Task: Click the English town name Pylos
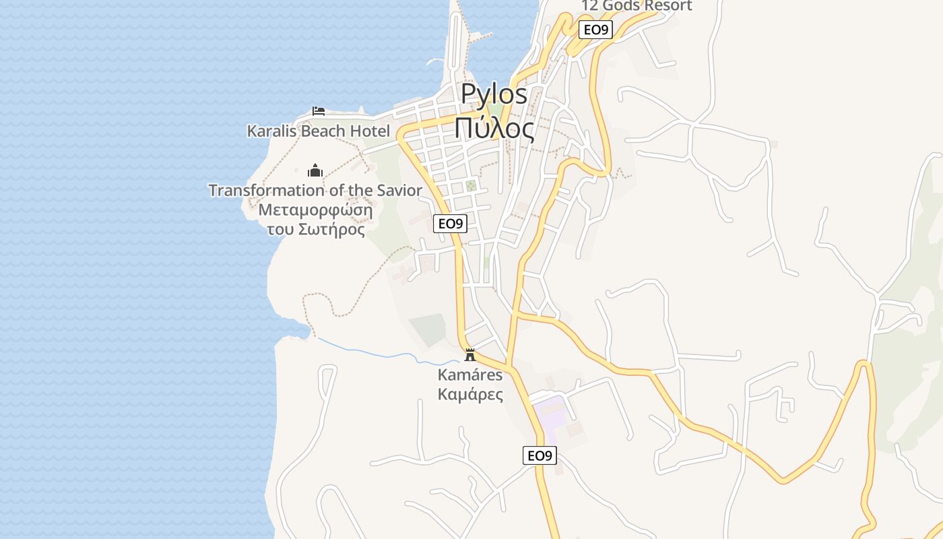pyautogui.click(x=494, y=95)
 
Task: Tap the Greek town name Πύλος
pyautogui.click(x=494, y=128)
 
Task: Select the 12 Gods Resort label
pyautogui.click(x=637, y=6)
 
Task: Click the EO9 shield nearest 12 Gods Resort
pyautogui.click(x=596, y=30)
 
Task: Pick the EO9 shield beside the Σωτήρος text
pyautogui.click(x=450, y=224)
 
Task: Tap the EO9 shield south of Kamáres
pyautogui.click(x=540, y=455)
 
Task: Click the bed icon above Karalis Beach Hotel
pyautogui.click(x=319, y=111)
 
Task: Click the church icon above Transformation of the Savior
pyautogui.click(x=315, y=170)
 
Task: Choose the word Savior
pyautogui.click(x=397, y=191)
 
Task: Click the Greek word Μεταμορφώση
pyautogui.click(x=315, y=210)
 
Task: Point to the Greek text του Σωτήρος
pyautogui.click(x=315, y=230)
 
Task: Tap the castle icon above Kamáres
pyautogui.click(x=470, y=354)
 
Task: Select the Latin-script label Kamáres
pyautogui.click(x=470, y=375)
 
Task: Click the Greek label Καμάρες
pyautogui.click(x=470, y=394)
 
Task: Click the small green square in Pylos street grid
pyautogui.click(x=471, y=185)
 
